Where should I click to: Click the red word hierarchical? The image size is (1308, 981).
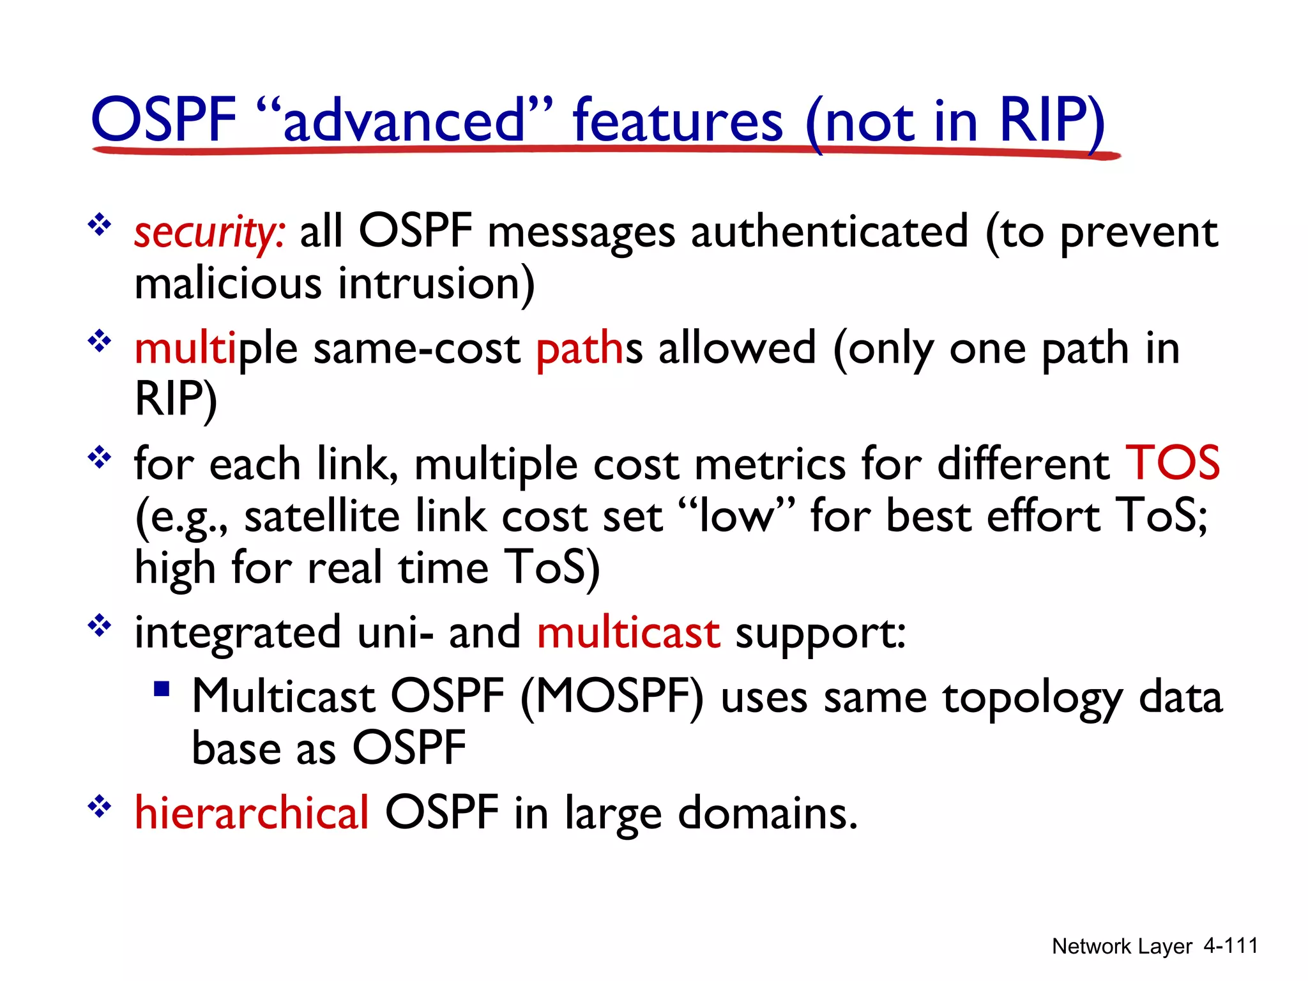tap(252, 813)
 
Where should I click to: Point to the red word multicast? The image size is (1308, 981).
tap(628, 633)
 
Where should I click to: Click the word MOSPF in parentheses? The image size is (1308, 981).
tap(612, 697)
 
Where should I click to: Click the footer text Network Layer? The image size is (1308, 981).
tap(1122, 946)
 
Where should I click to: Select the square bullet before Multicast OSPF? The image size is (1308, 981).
tap(162, 689)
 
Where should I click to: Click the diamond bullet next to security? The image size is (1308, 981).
tap(100, 225)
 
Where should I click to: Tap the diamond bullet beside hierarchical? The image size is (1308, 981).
tap(100, 807)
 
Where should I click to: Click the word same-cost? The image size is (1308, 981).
tap(417, 349)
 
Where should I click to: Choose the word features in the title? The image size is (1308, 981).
tap(678, 121)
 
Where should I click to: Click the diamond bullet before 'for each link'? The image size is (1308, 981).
tap(100, 458)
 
